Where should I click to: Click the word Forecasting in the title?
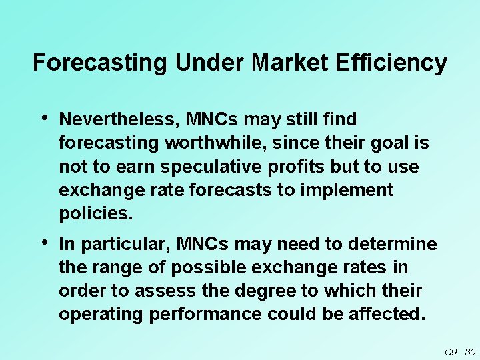point(101,63)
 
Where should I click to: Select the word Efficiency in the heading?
point(393,63)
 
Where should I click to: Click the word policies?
point(96,213)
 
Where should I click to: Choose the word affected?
point(389,314)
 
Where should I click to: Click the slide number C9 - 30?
point(459,351)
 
